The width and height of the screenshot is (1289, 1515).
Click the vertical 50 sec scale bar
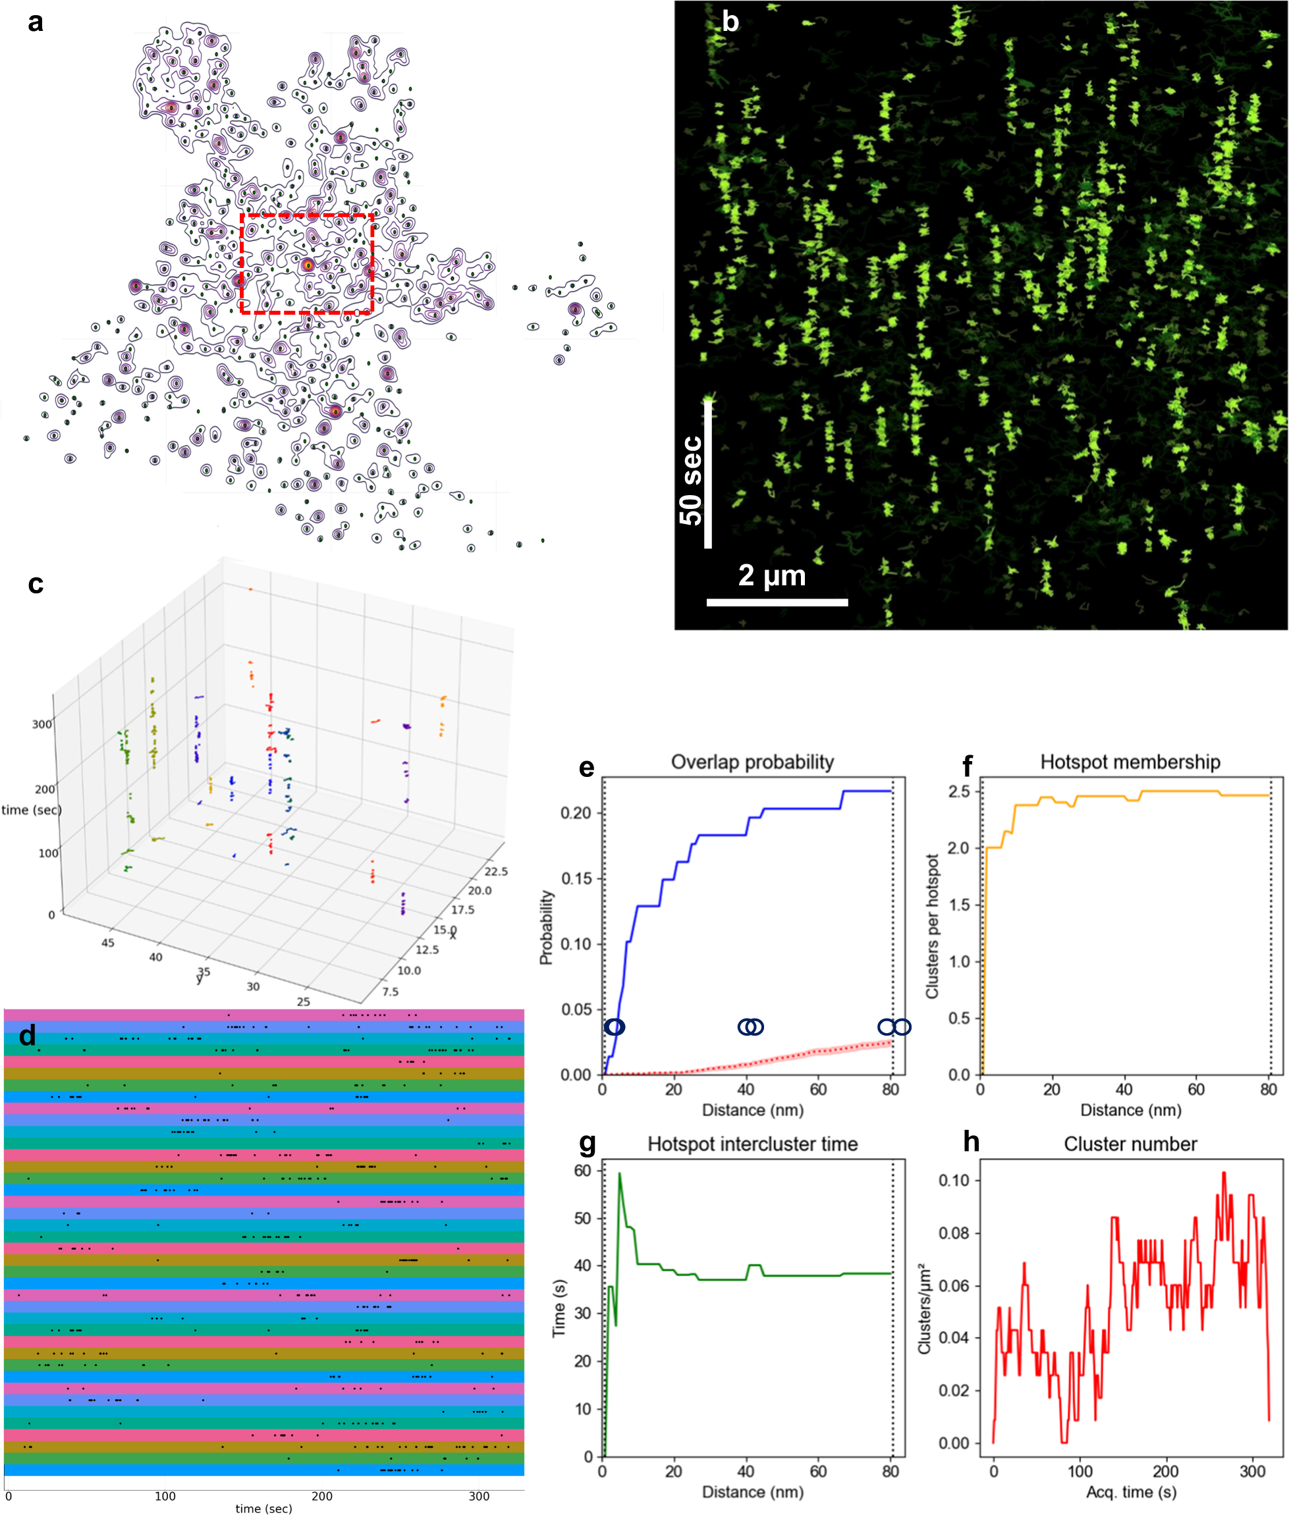707,475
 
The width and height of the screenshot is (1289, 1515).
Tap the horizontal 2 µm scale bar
777,602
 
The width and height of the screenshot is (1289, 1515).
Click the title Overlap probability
752,762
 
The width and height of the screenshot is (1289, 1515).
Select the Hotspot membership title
1130,762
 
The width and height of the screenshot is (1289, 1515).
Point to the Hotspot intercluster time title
752,1144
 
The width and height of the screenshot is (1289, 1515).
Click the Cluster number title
1130,1144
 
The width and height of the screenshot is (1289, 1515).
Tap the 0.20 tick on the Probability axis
575,813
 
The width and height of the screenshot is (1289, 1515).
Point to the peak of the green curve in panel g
620,1174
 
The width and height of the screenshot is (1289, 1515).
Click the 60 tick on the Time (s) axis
582,1171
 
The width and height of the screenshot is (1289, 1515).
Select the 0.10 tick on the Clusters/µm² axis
954,1181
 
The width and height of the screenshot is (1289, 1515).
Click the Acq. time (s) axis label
1130,1491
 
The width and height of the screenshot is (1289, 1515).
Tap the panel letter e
586,768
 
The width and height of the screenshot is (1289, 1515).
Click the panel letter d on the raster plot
28,1035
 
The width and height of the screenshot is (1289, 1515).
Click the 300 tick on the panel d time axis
479,1496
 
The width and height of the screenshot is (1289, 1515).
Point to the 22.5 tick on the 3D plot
495,872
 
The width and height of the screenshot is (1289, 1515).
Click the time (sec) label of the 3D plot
32,809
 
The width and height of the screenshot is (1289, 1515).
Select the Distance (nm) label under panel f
1130,1110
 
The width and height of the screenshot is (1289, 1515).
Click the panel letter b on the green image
730,22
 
